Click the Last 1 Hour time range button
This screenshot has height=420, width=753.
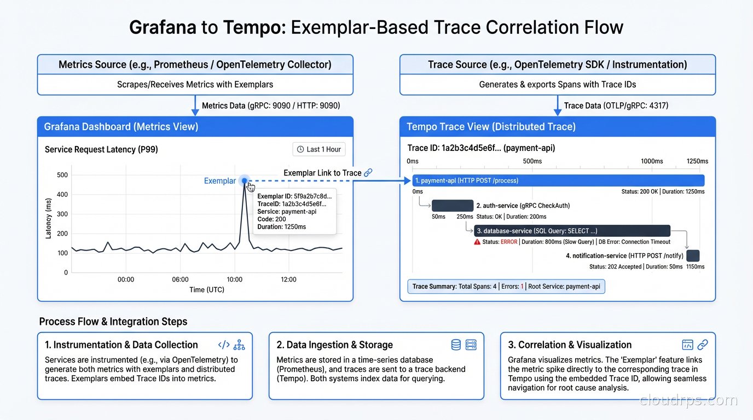(319, 149)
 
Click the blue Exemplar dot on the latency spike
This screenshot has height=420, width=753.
(244, 180)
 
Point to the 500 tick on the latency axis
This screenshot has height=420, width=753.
(62, 175)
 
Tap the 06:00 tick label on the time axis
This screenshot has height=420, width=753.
(180, 279)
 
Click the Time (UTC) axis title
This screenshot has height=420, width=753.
(207, 290)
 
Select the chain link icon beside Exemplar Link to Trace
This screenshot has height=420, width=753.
(368, 173)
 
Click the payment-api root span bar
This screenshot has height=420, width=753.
(558, 180)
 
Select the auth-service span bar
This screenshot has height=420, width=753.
(453, 206)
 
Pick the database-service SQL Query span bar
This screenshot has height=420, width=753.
(572, 231)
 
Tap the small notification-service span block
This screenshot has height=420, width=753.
(693, 255)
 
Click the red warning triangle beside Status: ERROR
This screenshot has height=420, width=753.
(477, 242)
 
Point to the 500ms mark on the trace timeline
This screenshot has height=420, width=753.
(532, 161)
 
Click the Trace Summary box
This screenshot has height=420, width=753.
(506, 287)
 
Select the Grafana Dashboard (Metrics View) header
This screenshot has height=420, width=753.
(195, 127)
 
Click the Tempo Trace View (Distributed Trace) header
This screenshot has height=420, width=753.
(558, 127)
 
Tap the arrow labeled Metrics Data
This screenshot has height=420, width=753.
(195, 106)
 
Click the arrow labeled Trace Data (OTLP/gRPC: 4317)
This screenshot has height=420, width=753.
(558, 106)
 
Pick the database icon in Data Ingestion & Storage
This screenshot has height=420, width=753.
(456, 345)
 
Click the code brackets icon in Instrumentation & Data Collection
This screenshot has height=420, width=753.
(224, 345)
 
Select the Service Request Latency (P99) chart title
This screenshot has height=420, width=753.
(101, 149)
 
